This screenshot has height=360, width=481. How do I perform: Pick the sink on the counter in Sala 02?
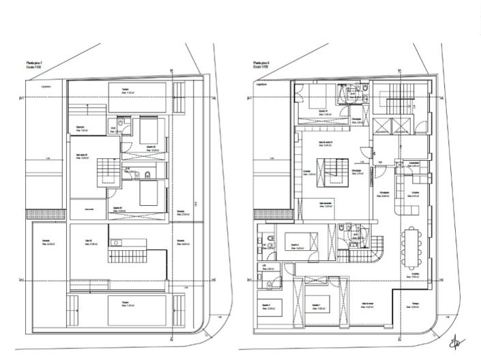[116, 241]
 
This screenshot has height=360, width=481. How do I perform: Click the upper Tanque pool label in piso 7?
[126, 89]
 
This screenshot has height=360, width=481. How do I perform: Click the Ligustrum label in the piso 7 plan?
[47, 86]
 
